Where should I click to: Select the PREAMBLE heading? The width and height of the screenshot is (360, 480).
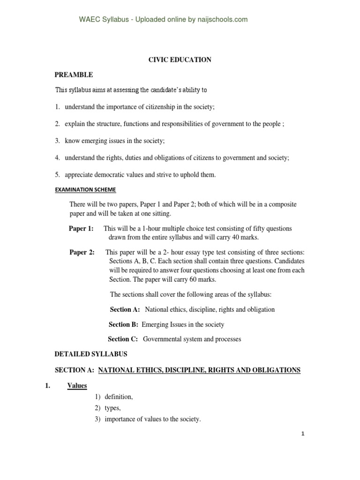click(74, 75)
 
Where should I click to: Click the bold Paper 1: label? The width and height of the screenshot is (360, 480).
click(82, 228)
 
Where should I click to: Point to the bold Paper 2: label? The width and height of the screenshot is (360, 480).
click(82, 252)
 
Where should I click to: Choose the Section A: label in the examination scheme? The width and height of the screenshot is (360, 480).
click(125, 309)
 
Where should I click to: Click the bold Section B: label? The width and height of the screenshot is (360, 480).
click(124, 324)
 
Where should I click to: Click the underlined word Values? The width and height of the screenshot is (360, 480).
click(77, 385)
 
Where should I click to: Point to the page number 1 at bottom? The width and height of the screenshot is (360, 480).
click(303, 434)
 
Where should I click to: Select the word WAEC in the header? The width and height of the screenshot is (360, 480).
click(89, 19)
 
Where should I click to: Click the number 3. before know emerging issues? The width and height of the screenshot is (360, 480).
click(57, 141)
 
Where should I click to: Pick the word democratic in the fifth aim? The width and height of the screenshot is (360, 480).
click(111, 175)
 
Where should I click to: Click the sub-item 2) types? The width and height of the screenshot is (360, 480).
click(112, 408)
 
